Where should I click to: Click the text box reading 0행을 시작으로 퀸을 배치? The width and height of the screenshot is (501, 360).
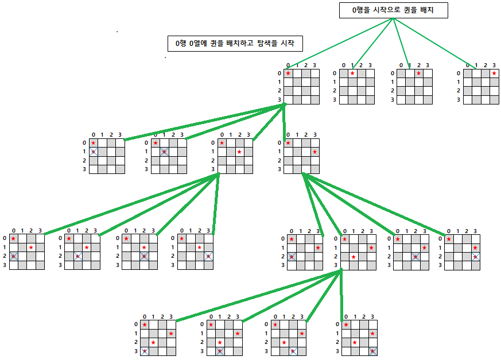pyautogui.click(x=393, y=10)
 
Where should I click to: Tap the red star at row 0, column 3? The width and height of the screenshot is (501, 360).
pyautogui.click(x=494, y=73)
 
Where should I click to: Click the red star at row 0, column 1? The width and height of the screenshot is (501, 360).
pyautogui.click(x=352, y=73)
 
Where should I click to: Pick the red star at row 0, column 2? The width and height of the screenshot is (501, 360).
pyautogui.click(x=419, y=73)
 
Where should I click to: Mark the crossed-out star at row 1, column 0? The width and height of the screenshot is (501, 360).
pyautogui.click(x=94, y=152)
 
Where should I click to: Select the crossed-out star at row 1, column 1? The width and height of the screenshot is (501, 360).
pyautogui.click(x=164, y=152)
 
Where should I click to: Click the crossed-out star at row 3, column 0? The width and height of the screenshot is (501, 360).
pyautogui.click(x=145, y=351)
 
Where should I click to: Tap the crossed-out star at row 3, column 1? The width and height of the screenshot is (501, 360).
pyautogui.click(x=220, y=351)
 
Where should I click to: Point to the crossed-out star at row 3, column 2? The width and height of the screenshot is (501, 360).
pyautogui.click(x=293, y=351)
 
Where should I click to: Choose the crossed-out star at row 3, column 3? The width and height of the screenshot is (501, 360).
pyautogui.click(x=373, y=351)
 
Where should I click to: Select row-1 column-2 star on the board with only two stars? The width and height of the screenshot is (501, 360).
pyautogui.click(x=239, y=152)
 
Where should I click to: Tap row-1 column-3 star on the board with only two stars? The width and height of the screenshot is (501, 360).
pyautogui.click(x=314, y=152)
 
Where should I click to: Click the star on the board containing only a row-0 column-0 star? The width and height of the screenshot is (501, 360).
pyautogui.click(x=288, y=73)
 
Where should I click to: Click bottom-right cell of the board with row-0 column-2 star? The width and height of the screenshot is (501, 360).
pyautogui.click(x=428, y=100)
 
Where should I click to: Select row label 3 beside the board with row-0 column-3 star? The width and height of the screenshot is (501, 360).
pyautogui.click(x=459, y=100)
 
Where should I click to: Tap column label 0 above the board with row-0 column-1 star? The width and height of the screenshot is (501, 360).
pyautogui.click(x=344, y=65)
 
